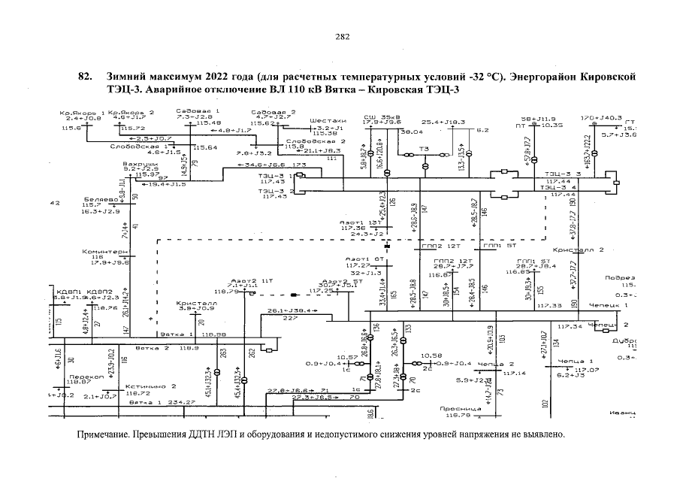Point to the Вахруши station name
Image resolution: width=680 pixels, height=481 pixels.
pyautogui.click(x=140, y=163)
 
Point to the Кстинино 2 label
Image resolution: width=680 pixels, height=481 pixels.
pyautogui.click(x=150, y=386)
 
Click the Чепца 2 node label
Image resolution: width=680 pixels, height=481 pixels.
pyautogui.click(x=495, y=365)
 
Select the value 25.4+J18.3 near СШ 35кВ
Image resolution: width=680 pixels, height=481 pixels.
pyautogui.click(x=443, y=122)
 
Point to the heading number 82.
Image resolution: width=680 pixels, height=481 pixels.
pyautogui.click(x=85, y=77)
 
